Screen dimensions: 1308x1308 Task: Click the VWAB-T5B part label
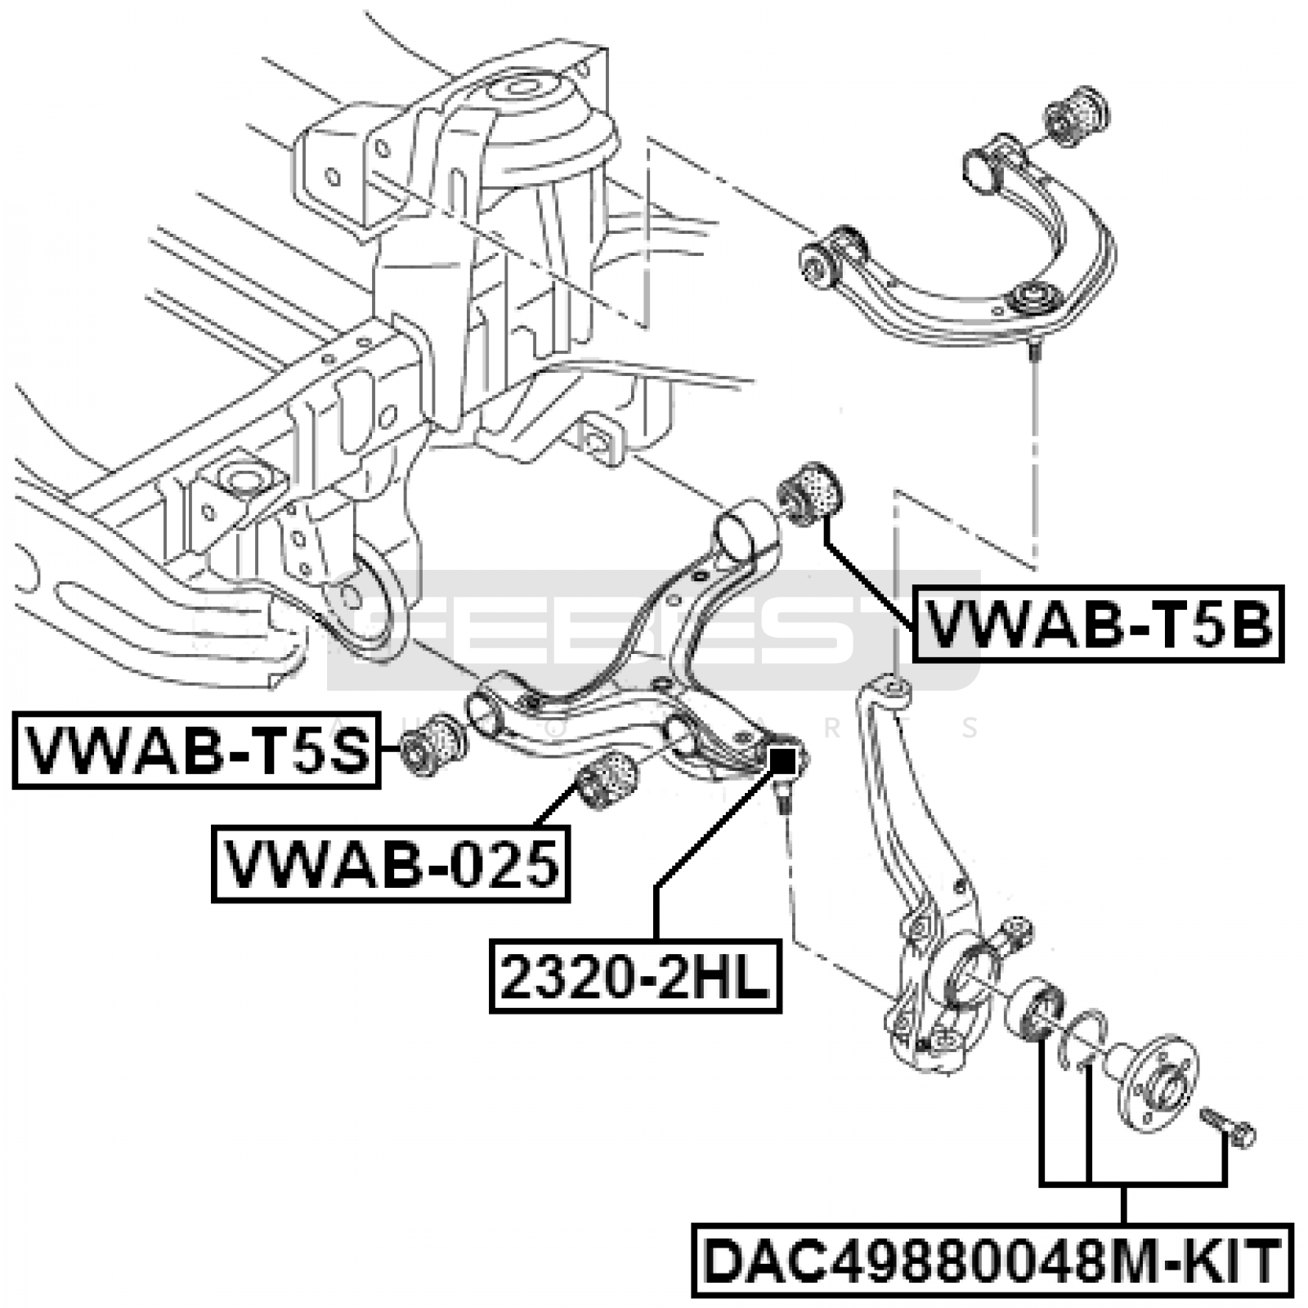click(1098, 625)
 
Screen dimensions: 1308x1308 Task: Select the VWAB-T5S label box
click(196, 750)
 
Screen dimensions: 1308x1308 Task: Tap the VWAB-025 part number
click(391, 864)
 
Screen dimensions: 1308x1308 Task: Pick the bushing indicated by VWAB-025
click(607, 781)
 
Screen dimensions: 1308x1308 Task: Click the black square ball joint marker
click(782, 762)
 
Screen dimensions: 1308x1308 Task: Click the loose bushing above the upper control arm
click(1075, 114)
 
